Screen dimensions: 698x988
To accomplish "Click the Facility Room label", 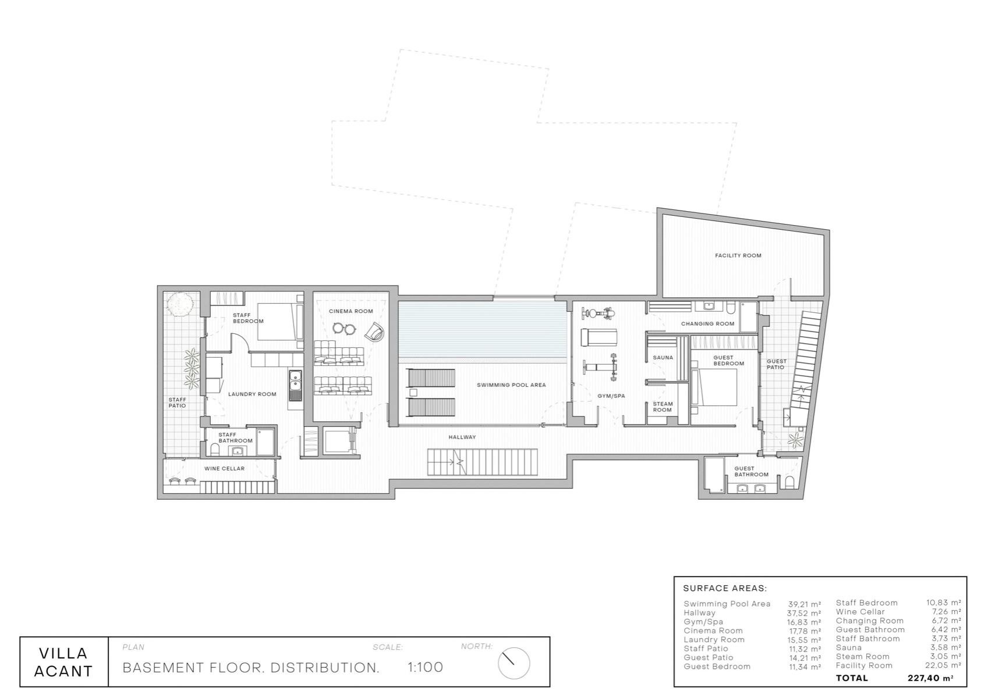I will tap(738, 255).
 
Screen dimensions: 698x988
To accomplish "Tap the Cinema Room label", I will tap(350, 311).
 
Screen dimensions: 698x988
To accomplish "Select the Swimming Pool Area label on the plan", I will tap(511, 385).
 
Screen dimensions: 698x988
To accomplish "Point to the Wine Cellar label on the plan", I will tap(224, 468).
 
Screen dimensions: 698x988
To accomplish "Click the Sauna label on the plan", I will tap(663, 358).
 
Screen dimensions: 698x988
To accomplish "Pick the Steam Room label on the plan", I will tap(663, 407).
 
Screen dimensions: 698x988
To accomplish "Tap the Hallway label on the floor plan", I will tap(462, 437).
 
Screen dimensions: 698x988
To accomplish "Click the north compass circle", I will tap(514, 663).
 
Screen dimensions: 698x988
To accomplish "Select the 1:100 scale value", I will tap(425, 667).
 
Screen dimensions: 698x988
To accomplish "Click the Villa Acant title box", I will tap(63, 662).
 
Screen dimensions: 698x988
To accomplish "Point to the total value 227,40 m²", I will tap(930, 678).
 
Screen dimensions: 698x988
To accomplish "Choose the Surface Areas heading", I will tap(725, 589).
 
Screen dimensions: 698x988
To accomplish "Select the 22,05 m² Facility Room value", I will tap(943, 665).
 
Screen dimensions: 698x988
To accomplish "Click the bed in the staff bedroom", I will tap(279, 322).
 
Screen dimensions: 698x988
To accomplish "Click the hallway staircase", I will tap(483, 462).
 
